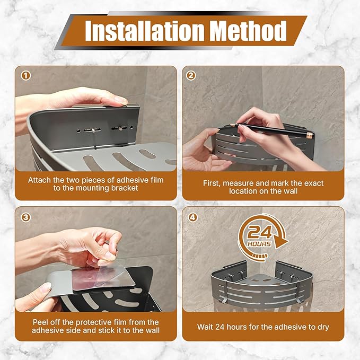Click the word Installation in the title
(x=144, y=31)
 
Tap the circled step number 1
(x=25, y=76)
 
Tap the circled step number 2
(x=191, y=75)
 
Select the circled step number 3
(x=25, y=217)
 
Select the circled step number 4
(x=192, y=217)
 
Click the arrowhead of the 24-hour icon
(x=282, y=243)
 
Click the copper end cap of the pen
(x=310, y=134)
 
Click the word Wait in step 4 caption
(x=205, y=327)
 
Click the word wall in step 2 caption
(x=290, y=191)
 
